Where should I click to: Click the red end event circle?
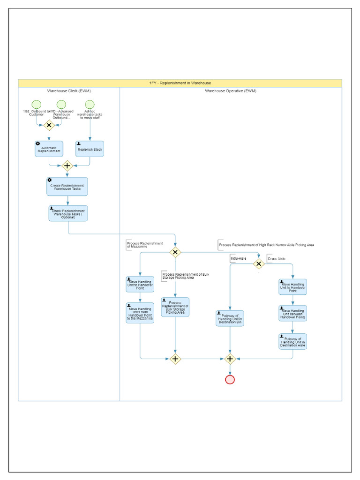click(230, 379)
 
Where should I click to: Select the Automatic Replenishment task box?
click(49, 149)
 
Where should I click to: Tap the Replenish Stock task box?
click(90, 149)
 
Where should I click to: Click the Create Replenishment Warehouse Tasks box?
click(67, 187)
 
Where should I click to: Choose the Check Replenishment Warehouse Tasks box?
click(68, 213)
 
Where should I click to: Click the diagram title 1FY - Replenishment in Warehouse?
click(180, 83)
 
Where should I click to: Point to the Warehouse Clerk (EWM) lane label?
click(69, 91)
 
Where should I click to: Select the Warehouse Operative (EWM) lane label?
click(230, 91)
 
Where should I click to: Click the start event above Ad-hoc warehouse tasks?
click(90, 104)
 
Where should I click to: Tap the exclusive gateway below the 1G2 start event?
click(49, 125)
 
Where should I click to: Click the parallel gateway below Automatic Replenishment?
click(67, 165)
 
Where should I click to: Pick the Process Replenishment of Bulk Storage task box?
click(175, 307)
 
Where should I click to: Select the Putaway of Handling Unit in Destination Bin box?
click(230, 318)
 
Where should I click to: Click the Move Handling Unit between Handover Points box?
click(293, 313)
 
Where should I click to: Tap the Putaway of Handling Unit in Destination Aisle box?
click(293, 341)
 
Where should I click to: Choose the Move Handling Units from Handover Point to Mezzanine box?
click(140, 313)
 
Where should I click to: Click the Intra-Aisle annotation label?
click(238, 259)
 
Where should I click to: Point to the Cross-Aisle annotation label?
click(276, 259)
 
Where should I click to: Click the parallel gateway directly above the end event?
click(230, 359)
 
